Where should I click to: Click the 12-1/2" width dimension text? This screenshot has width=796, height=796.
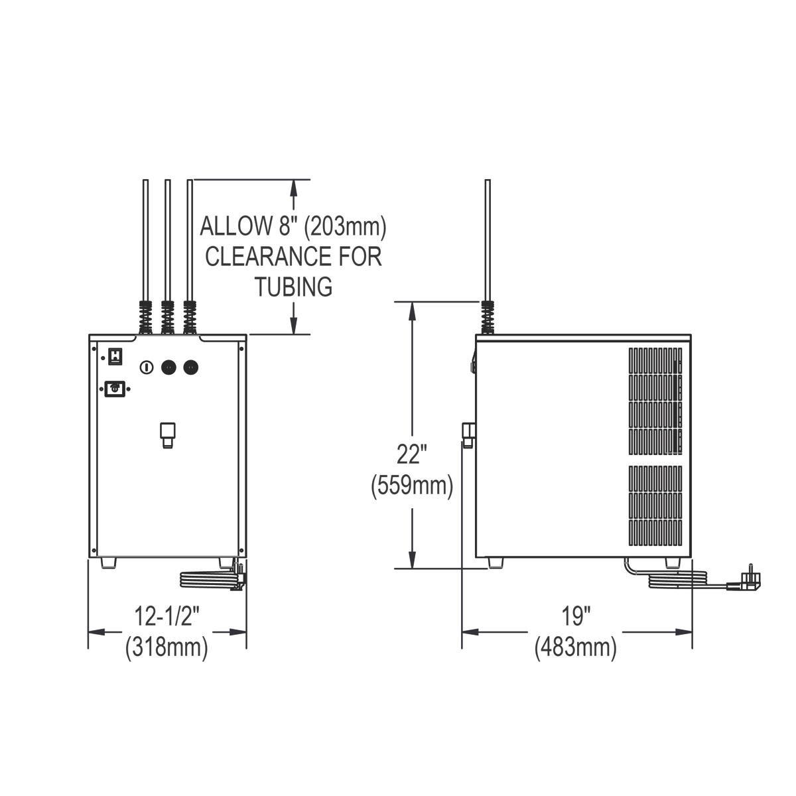[x=166, y=617]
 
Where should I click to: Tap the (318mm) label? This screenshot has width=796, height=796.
[x=166, y=647]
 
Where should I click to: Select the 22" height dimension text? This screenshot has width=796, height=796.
[x=412, y=455]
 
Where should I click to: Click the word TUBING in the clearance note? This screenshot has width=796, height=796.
[x=293, y=287]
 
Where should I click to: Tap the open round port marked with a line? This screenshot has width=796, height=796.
[x=147, y=367]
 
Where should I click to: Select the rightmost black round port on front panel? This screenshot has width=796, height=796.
[x=191, y=367]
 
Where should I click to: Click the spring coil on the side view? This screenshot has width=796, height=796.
[x=488, y=317]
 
